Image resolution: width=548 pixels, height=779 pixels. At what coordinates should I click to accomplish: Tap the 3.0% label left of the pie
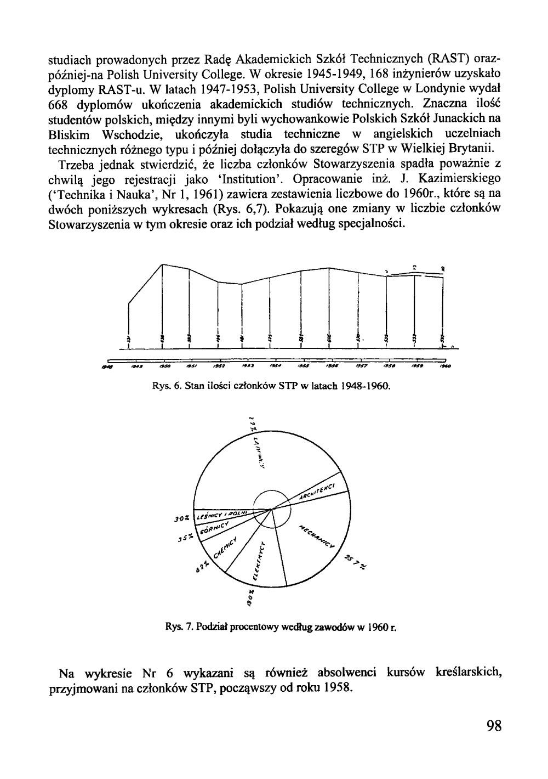tap(182, 517)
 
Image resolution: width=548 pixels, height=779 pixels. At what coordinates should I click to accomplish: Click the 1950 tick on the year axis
tap(163, 364)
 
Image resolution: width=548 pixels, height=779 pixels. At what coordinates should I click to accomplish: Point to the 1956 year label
tap(331, 364)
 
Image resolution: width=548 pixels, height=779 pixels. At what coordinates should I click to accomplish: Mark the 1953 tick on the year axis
tap(247, 364)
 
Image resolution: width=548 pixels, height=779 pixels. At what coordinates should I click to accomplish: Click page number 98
tap(493, 726)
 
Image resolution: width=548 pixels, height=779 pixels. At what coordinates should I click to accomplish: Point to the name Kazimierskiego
tap(446, 179)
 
